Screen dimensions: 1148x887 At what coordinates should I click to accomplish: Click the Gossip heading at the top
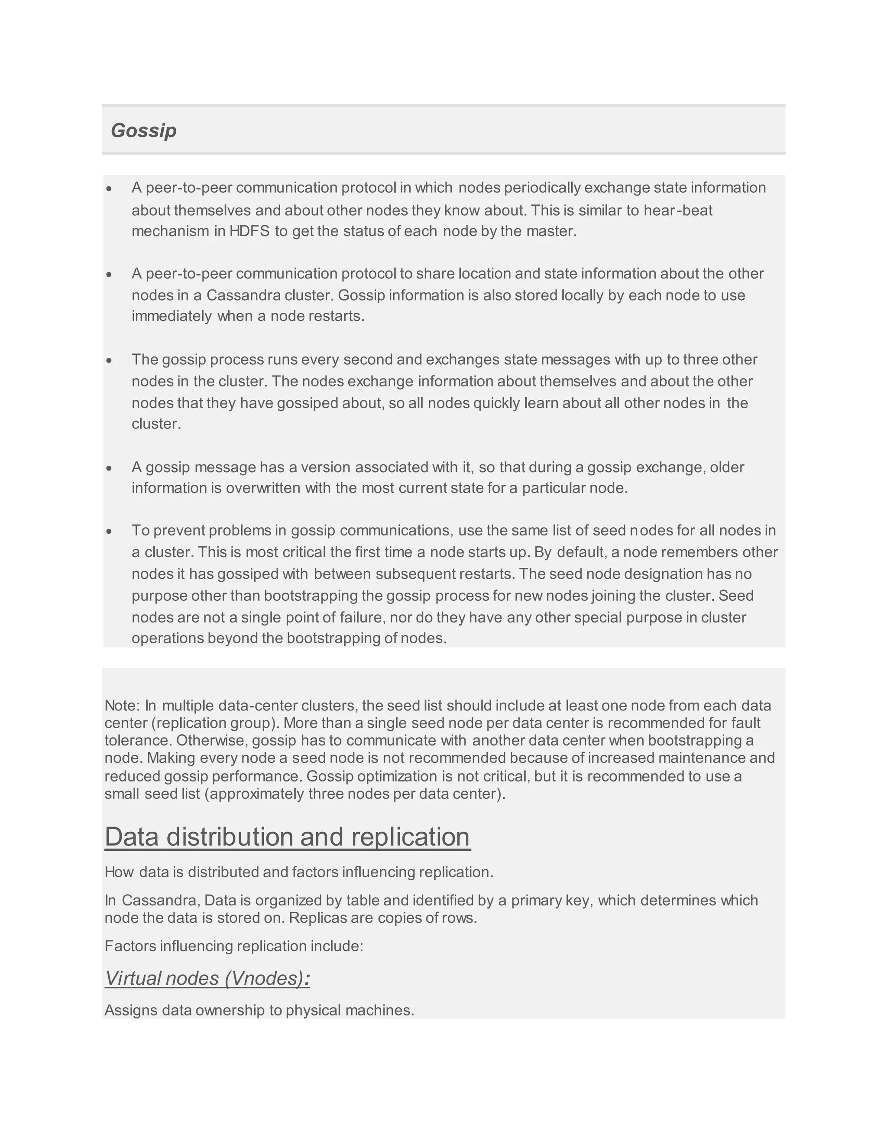(143, 130)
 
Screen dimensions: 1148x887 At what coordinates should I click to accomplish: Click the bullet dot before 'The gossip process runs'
(109, 360)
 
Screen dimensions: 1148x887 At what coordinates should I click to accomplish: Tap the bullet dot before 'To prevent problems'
(109, 532)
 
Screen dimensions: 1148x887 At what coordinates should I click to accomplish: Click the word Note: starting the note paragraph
(123, 705)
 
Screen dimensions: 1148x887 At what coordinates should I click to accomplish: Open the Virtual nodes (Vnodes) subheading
(207, 979)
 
